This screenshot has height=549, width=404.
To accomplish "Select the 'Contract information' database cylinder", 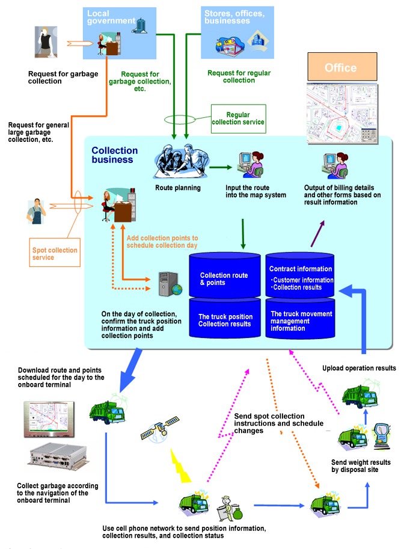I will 299,274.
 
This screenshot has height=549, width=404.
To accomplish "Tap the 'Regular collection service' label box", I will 238,118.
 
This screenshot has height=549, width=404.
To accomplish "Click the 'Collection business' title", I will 115,155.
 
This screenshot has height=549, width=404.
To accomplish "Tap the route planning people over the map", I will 179,161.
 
